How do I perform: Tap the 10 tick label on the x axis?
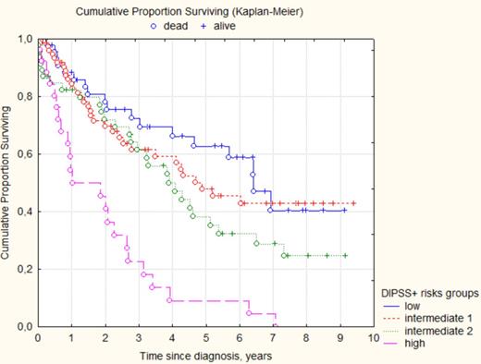pos(374,338)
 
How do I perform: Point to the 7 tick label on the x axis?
pos(273,338)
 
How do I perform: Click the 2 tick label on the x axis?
pos(105,338)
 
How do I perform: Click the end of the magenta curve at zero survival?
pos(276,326)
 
